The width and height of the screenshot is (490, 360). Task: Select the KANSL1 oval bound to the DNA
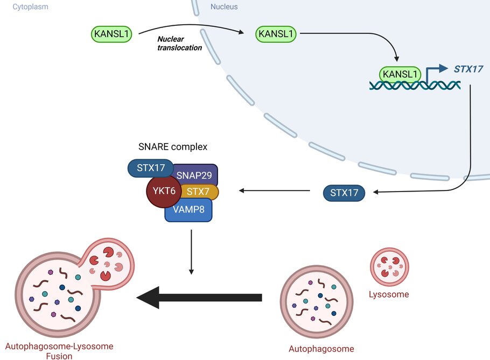coord(401,73)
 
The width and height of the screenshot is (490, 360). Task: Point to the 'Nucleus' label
coord(223,7)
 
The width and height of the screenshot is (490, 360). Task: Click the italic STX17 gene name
coord(468,69)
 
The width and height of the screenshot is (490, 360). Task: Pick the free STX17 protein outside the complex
coord(344,193)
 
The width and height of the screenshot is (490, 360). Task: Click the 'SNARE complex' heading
coord(173,146)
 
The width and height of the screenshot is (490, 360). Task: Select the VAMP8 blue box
coord(188,210)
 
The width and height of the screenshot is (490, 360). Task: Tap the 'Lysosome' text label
coord(388,294)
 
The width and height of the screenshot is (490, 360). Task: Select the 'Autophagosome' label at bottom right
coord(321,348)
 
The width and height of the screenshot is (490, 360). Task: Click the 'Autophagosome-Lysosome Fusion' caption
coord(59,351)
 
